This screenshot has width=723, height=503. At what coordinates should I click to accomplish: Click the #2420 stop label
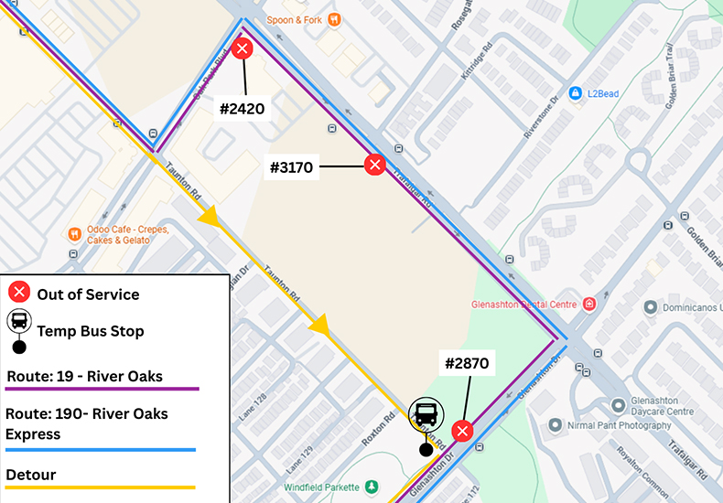[243, 110]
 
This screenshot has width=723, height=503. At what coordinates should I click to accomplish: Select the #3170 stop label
[292, 167]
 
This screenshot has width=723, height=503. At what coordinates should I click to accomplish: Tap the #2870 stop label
[467, 364]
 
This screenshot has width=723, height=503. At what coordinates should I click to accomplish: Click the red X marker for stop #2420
[243, 48]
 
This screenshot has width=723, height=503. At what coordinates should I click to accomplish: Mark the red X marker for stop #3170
[374, 165]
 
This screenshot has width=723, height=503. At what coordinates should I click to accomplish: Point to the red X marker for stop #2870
[463, 431]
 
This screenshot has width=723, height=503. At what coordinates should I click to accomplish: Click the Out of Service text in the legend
[88, 294]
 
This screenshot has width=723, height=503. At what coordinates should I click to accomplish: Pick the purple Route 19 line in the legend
[102, 389]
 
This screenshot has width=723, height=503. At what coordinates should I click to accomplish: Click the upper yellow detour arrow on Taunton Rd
[210, 217]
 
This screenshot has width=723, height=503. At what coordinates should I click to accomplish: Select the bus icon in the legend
[19, 322]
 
